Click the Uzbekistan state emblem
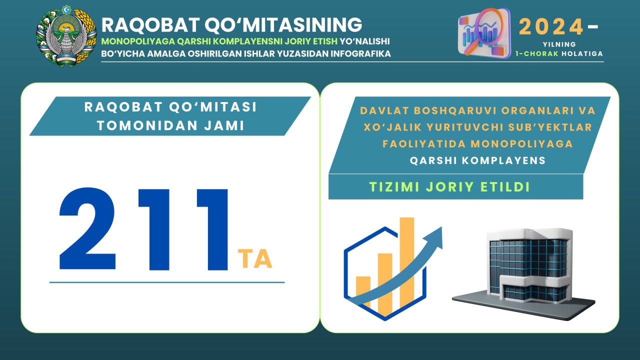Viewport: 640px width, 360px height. (x=66, y=36)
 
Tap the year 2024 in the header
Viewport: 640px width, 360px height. (x=551, y=26)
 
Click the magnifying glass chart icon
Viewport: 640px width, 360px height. (x=484, y=33)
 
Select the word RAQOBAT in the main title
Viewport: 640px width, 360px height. (x=150, y=25)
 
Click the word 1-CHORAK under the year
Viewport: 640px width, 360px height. (x=537, y=53)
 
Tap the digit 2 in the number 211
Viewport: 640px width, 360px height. (x=87, y=228)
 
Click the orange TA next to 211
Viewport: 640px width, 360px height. (x=255, y=258)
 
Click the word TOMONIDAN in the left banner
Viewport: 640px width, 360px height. (x=147, y=125)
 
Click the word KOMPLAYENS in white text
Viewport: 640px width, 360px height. (x=504, y=160)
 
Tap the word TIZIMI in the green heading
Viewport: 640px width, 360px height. (x=394, y=187)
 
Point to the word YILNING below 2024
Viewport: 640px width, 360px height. (x=559, y=44)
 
